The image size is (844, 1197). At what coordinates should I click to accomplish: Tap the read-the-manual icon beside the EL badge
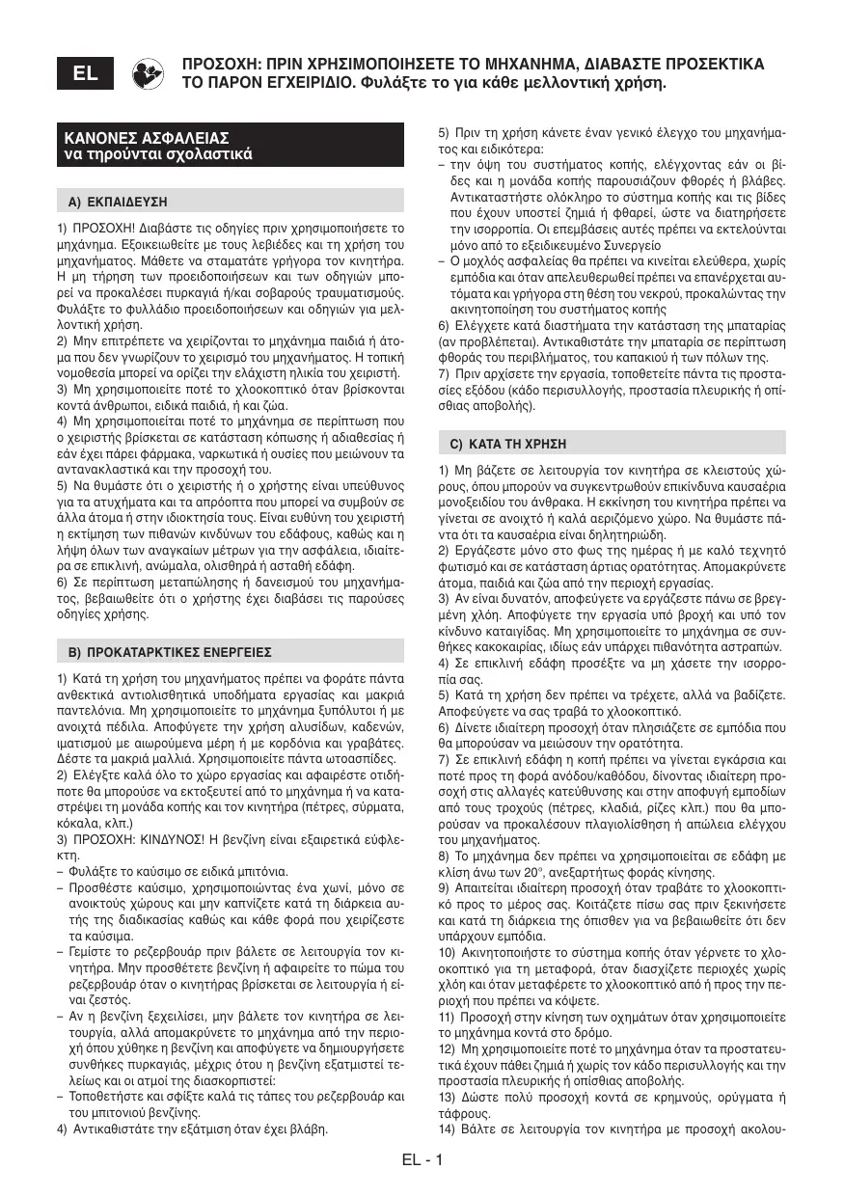tap(147, 73)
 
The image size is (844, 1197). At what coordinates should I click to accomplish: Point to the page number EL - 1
tap(422, 1159)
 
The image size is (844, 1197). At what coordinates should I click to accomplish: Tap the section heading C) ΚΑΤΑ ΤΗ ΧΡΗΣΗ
tap(509, 444)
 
